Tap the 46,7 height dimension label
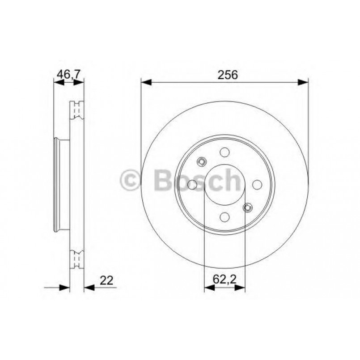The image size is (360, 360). [x=68, y=74]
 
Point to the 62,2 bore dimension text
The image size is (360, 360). [x=224, y=280]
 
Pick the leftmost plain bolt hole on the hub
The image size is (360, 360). [x=192, y=185]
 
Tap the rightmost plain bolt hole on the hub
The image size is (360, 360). [x=257, y=184]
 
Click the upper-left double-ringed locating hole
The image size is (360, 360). [x=202, y=162]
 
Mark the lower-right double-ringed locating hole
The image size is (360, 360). [x=247, y=207]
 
